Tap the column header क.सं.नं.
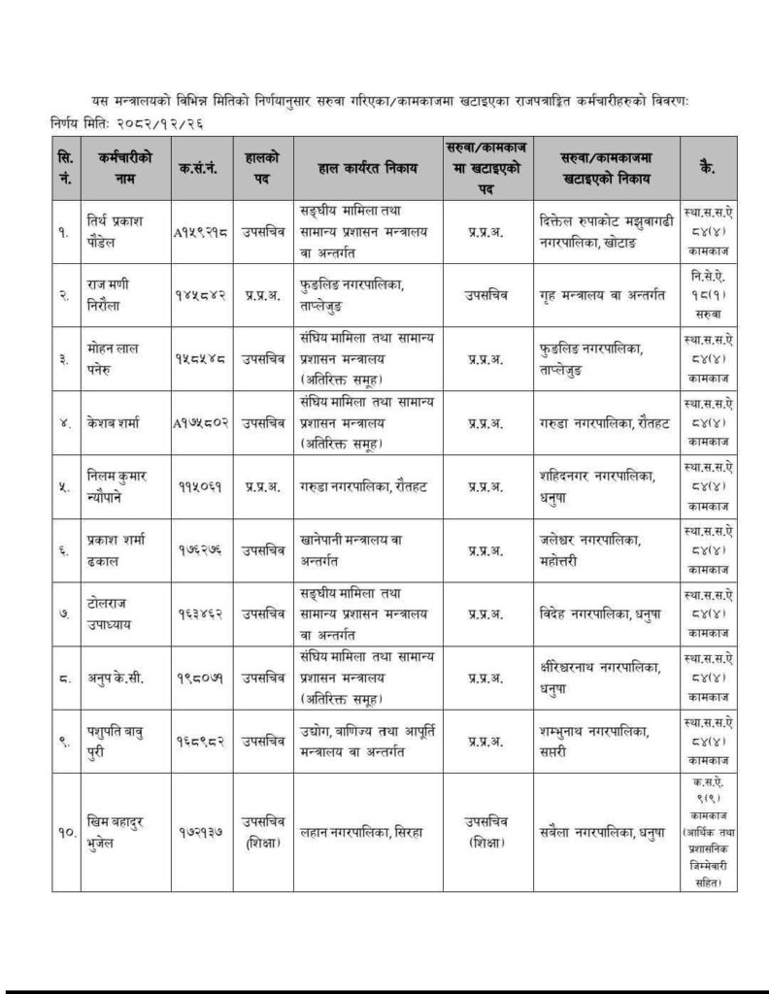[x=200, y=169]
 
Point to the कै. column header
[x=708, y=169]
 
